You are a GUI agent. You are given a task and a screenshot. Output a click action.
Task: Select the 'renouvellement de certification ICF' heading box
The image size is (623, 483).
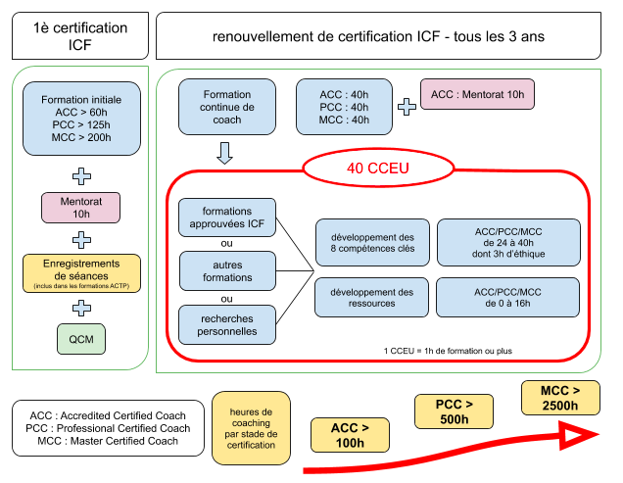point(378,36)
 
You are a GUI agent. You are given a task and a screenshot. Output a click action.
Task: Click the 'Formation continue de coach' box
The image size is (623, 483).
point(226,107)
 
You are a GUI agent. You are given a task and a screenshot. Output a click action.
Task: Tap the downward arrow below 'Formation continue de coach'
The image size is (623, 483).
point(225,154)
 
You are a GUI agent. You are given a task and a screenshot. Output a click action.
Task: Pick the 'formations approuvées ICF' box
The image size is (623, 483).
point(226,218)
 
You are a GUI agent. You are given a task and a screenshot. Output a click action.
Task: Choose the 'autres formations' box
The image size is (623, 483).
point(226,270)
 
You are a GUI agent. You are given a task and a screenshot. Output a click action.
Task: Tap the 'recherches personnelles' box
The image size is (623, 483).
point(226,324)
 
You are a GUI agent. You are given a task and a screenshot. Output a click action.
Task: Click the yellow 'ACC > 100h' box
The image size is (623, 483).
point(350,436)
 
